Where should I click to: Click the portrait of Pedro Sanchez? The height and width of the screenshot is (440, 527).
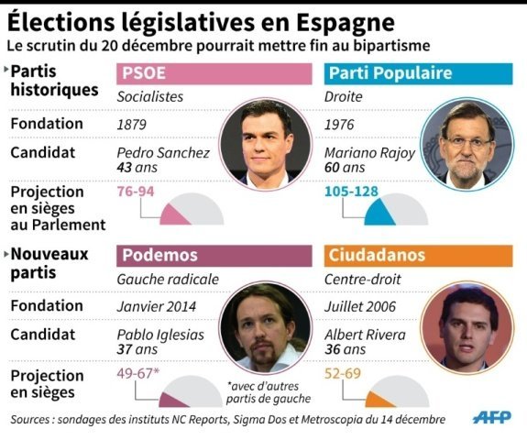click(x=265, y=143)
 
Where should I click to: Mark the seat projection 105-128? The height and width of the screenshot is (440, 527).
click(x=352, y=192)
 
